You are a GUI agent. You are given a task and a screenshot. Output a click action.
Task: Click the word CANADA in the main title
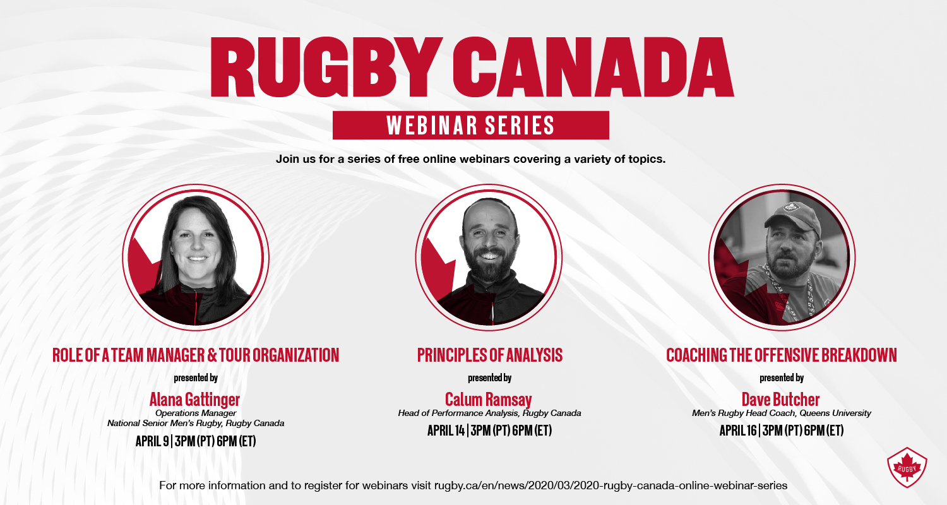coord(593,67)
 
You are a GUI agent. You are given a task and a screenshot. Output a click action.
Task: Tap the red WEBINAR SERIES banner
coord(470,125)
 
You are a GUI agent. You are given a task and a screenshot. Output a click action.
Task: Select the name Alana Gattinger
coord(194,400)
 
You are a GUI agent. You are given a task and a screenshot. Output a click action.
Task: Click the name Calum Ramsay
coord(488,400)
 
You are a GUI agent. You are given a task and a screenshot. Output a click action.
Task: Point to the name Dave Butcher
coord(780,400)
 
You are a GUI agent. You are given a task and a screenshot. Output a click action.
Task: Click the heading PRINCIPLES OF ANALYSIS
coord(489,355)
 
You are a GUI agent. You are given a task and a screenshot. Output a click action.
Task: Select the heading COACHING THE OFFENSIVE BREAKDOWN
coord(782,355)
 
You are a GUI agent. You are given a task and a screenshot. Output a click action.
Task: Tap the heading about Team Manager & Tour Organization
coord(196,355)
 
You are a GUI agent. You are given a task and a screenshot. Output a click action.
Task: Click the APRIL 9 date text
coord(152,442)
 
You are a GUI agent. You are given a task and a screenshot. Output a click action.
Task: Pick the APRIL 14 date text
coord(446,431)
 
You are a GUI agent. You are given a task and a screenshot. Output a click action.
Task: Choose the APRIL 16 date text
coord(738,431)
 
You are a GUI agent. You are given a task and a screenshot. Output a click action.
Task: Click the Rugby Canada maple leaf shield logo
coord(907,468)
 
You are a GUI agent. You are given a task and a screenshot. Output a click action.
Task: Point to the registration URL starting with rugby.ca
coord(611,485)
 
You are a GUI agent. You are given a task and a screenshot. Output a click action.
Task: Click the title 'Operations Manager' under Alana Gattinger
coord(196,413)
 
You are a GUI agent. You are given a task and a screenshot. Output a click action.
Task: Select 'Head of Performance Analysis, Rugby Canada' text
coord(489,413)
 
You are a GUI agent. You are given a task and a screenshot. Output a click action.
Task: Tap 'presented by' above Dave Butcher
coord(782,377)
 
